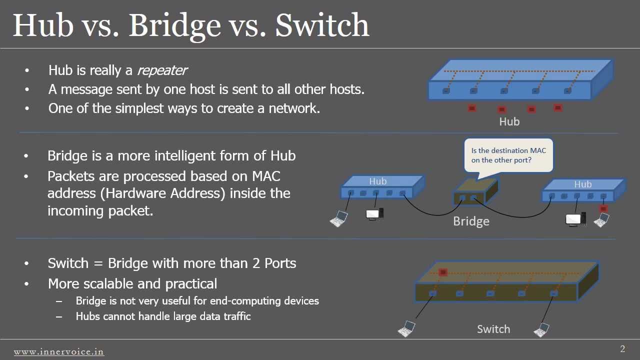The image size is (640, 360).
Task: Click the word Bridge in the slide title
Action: (174, 25)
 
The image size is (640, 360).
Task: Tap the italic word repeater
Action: (161, 70)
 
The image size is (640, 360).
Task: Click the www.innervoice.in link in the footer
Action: (59, 352)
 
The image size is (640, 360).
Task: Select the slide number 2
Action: (622, 349)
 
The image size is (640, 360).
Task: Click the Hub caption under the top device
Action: (509, 121)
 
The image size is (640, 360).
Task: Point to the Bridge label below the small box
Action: (471, 221)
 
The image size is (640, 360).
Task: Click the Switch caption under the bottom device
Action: (493, 329)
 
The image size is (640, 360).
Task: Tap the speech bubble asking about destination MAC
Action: (508, 155)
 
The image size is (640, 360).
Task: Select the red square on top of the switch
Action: (442, 272)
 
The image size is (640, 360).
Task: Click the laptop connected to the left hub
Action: (339, 219)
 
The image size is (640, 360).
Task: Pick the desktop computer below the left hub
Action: (374, 214)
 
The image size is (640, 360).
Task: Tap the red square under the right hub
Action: (603, 208)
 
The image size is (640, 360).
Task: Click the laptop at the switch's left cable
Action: (406, 329)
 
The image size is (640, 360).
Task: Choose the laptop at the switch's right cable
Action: (541, 330)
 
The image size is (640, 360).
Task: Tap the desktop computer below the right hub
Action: (575, 219)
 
